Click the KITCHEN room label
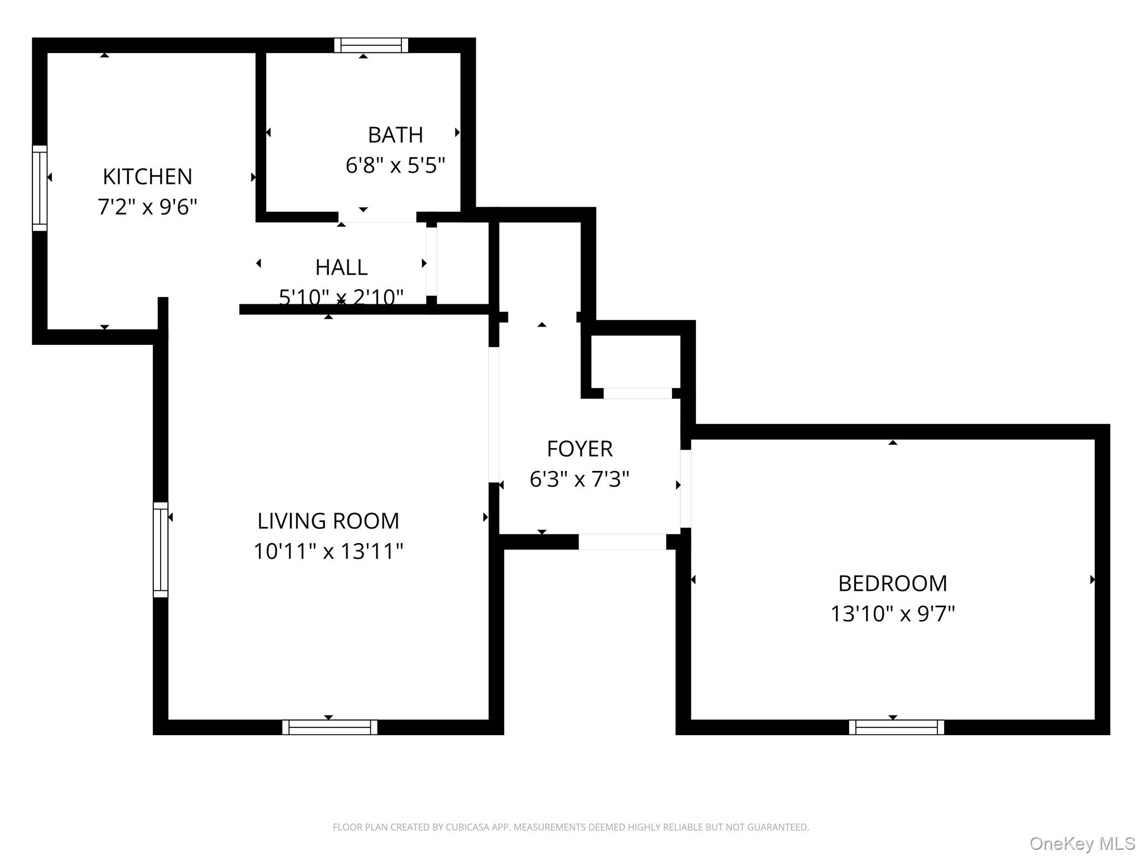(x=147, y=177)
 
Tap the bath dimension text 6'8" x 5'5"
(x=395, y=166)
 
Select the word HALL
(x=341, y=267)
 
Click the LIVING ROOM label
(x=328, y=521)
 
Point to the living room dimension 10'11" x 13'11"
(x=328, y=551)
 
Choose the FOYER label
(x=579, y=449)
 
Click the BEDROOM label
(x=892, y=583)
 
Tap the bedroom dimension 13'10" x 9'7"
(x=892, y=614)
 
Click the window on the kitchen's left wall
(x=40, y=188)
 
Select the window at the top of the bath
(x=371, y=45)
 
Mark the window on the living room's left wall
(x=161, y=549)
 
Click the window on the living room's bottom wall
(x=330, y=727)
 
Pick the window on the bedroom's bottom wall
(x=896, y=727)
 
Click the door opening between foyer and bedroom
(x=686, y=488)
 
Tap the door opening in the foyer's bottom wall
(x=622, y=542)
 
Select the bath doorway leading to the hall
(x=378, y=217)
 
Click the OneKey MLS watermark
(x=1082, y=844)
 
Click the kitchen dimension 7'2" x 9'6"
(x=147, y=207)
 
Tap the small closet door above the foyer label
(x=637, y=393)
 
